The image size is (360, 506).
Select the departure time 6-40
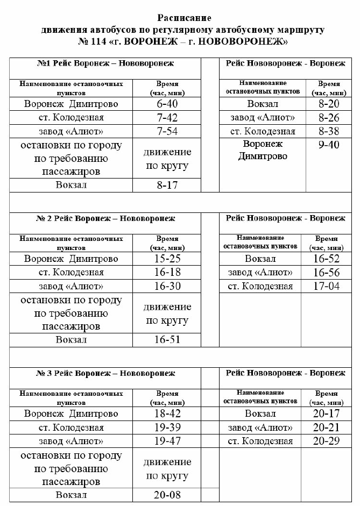(166, 103)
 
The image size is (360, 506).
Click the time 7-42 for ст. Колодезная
(166, 117)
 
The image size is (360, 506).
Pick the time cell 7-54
(166, 131)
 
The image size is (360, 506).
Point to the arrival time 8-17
(166, 186)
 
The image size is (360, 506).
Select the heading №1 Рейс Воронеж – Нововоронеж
(105, 63)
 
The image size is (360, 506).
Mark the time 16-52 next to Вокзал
(326, 259)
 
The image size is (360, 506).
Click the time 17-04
(326, 286)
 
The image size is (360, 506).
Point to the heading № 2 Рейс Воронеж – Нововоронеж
(105, 218)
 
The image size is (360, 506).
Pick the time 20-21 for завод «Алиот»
(326, 427)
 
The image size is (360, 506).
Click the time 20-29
(326, 441)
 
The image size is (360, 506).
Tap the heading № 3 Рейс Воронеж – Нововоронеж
(105, 373)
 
